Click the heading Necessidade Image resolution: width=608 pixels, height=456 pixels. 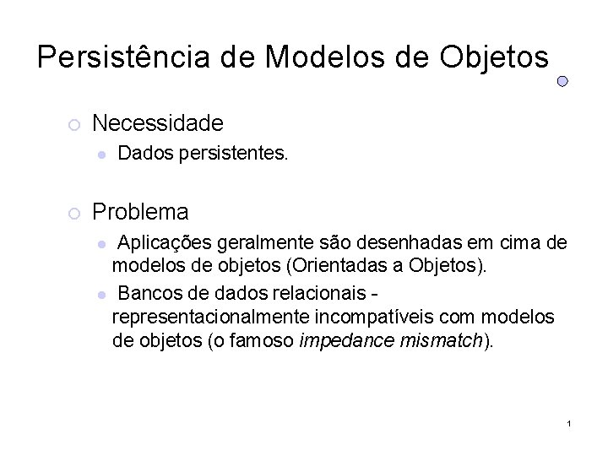point(158,124)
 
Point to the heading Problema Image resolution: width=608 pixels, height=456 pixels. point(140,210)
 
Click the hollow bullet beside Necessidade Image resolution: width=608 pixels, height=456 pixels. point(73,126)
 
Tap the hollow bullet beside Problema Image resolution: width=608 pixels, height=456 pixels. point(73,212)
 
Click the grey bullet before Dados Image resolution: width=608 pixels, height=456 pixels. point(100,155)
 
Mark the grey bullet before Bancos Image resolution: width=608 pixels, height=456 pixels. point(100,295)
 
